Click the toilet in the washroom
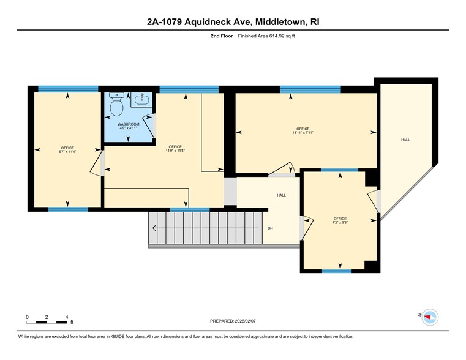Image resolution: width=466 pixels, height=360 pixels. [x=116, y=107]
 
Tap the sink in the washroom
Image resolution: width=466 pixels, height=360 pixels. [x=143, y=98]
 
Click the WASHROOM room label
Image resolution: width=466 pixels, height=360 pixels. [x=128, y=124]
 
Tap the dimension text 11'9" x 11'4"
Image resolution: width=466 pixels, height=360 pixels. [x=175, y=151]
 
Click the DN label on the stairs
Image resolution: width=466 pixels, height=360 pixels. [x=270, y=228]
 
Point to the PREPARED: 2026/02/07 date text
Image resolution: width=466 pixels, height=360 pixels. [x=233, y=321]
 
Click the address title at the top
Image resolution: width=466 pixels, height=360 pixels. [x=233, y=22]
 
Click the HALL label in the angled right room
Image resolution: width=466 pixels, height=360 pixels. [x=405, y=140]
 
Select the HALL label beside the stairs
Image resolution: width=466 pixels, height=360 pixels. [x=281, y=195]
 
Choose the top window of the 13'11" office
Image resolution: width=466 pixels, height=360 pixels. [x=310, y=89]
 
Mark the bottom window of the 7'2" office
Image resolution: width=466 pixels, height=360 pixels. [x=337, y=271]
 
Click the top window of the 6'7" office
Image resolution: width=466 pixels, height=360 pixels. [x=68, y=89]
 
